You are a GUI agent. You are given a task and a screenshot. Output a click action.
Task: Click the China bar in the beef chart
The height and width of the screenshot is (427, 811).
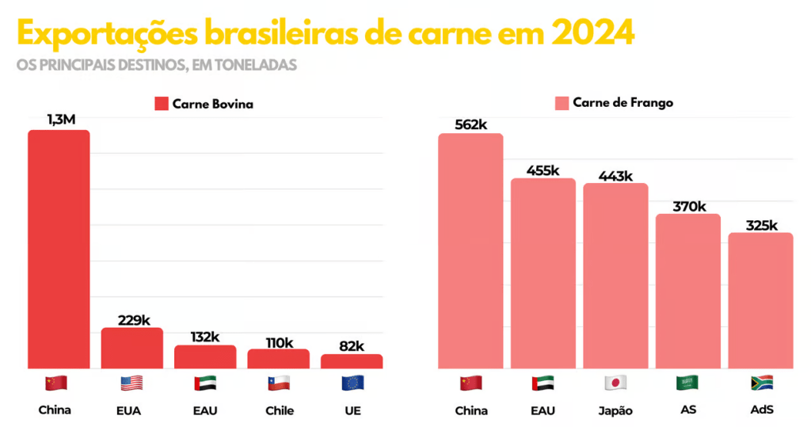click(x=59, y=249)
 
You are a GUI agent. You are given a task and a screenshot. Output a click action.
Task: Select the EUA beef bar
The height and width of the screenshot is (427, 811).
click(x=131, y=348)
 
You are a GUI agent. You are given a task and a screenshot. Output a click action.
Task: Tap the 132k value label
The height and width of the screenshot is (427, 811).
click(x=204, y=337)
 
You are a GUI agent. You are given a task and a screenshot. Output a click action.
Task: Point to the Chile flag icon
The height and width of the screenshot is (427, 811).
click(x=278, y=383)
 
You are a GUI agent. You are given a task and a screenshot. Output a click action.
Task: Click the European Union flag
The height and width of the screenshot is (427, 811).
click(x=352, y=383)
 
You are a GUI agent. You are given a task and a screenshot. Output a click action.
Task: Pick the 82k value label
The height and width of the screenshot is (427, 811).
click(x=352, y=345)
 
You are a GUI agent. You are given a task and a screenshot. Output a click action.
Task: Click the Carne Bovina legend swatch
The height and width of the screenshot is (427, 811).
click(x=162, y=104)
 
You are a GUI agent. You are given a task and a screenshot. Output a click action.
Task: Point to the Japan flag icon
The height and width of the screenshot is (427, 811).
click(x=615, y=383)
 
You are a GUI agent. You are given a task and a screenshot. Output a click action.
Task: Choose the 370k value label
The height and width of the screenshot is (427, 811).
click(x=688, y=207)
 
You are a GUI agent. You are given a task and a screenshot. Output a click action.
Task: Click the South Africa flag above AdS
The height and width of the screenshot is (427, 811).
click(x=761, y=383)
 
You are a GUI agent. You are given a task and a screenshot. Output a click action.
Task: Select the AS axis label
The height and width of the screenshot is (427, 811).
click(x=687, y=410)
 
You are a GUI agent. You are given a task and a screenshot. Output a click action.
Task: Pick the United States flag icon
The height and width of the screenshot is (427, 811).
click(x=131, y=383)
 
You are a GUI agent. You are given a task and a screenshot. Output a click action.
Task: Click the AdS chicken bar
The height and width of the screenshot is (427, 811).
click(x=760, y=300)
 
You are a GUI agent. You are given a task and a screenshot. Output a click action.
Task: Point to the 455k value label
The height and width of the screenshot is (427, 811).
click(x=543, y=170)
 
